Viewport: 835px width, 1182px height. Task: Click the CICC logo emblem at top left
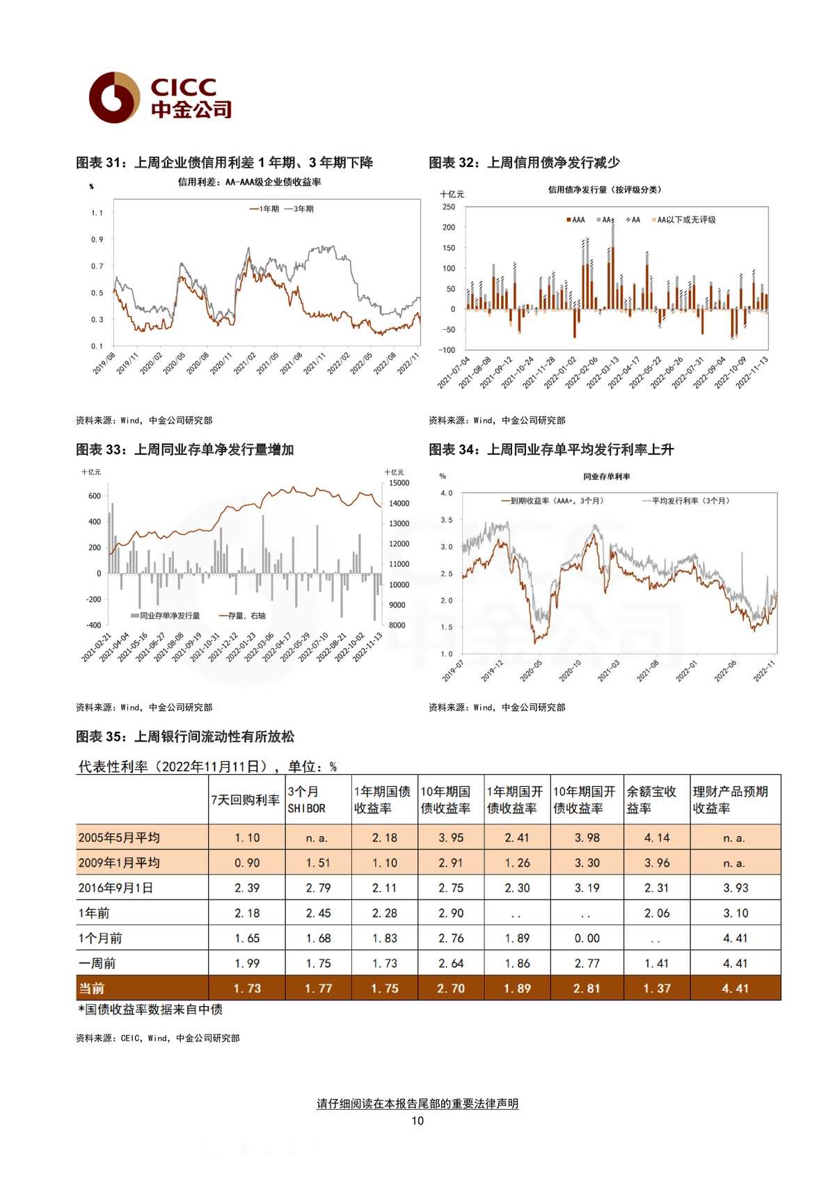click(114, 97)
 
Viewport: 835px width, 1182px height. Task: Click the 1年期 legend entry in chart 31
click(264, 209)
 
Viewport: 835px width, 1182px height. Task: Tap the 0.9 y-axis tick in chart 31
click(97, 239)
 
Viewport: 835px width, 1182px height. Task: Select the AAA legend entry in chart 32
click(575, 220)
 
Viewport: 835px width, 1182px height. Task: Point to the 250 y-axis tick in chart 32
click(449, 207)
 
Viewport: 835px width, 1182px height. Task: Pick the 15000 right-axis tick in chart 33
click(399, 483)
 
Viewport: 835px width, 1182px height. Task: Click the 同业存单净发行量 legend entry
click(166, 615)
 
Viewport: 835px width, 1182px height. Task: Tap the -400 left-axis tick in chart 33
click(93, 625)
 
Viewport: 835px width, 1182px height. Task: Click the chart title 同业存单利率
click(607, 477)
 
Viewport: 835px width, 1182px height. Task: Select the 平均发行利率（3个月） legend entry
click(685, 500)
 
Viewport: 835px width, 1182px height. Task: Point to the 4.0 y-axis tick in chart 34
click(447, 493)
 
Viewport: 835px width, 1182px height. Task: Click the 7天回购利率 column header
click(246, 800)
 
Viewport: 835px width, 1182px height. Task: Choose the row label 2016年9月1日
click(116, 888)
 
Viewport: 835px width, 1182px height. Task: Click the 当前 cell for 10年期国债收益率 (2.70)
click(451, 989)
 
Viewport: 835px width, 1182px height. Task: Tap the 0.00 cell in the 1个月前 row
click(587, 939)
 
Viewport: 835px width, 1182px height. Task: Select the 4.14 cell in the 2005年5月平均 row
click(657, 838)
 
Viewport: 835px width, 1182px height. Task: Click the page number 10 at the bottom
click(417, 1121)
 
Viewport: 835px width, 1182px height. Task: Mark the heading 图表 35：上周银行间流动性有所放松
click(185, 737)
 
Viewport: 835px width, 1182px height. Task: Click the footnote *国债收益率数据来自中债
click(150, 1009)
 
